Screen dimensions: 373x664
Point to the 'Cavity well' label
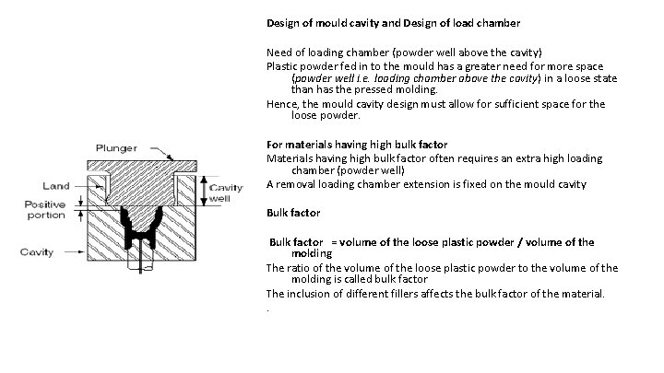(x=226, y=192)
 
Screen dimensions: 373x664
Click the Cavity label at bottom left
(x=40, y=250)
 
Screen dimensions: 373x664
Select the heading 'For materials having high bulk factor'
(x=356, y=145)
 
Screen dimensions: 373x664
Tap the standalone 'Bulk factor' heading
(x=292, y=213)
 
